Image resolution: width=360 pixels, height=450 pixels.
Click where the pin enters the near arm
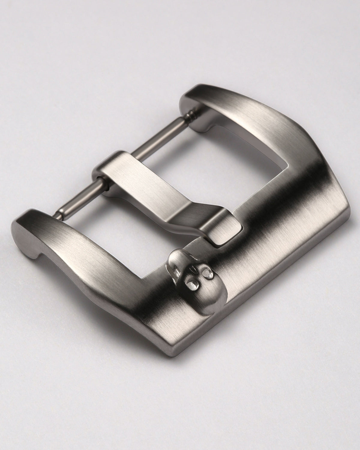(x=58, y=214)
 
